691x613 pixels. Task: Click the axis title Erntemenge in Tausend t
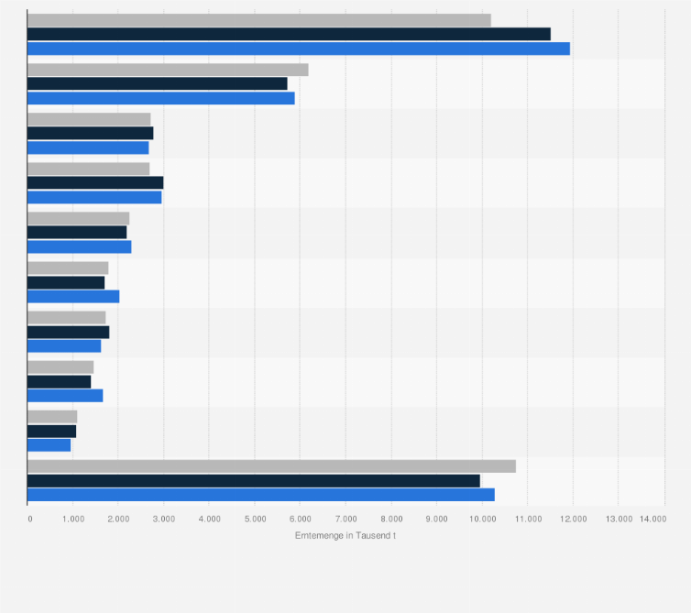click(x=345, y=535)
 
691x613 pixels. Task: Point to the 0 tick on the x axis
click(x=29, y=519)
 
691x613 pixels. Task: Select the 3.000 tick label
click(x=164, y=519)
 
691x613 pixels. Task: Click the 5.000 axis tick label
click(x=255, y=519)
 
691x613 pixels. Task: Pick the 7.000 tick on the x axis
click(x=345, y=519)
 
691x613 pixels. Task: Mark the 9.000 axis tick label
click(x=436, y=519)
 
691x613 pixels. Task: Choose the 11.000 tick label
click(x=527, y=519)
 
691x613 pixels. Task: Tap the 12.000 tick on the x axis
click(x=573, y=519)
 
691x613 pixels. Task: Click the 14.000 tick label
click(x=653, y=519)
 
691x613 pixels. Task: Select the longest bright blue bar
click(x=298, y=49)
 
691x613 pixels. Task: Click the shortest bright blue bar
click(x=49, y=445)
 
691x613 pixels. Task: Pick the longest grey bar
click(x=271, y=466)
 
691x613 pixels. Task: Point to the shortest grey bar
click(x=52, y=417)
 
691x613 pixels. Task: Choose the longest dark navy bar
click(x=289, y=34)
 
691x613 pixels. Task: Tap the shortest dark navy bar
click(x=51, y=431)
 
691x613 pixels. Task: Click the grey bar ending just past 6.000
click(x=168, y=70)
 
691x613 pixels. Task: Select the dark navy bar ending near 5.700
click(x=157, y=83)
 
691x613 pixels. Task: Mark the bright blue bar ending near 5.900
click(x=160, y=98)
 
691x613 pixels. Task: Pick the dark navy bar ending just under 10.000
click(x=253, y=480)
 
